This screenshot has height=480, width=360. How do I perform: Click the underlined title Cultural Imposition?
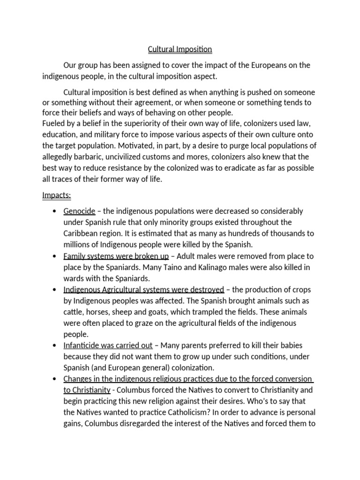(x=180, y=49)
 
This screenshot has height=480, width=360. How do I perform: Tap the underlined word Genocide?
(x=79, y=211)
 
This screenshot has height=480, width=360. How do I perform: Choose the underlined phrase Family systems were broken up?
(x=116, y=256)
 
